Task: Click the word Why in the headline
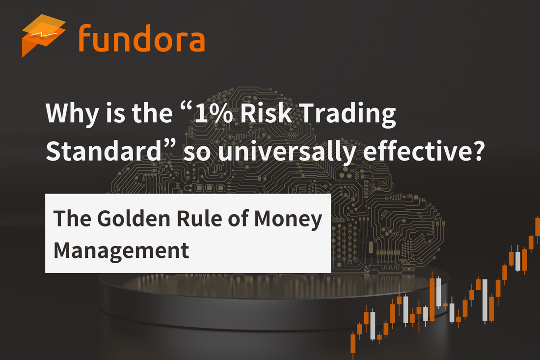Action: tap(72, 113)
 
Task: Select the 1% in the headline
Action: tap(214, 113)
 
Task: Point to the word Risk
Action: tap(266, 112)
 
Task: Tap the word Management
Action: tap(121, 251)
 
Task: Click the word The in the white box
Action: tap(72, 219)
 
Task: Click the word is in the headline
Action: tap(115, 113)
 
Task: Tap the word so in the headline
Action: tap(197, 153)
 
